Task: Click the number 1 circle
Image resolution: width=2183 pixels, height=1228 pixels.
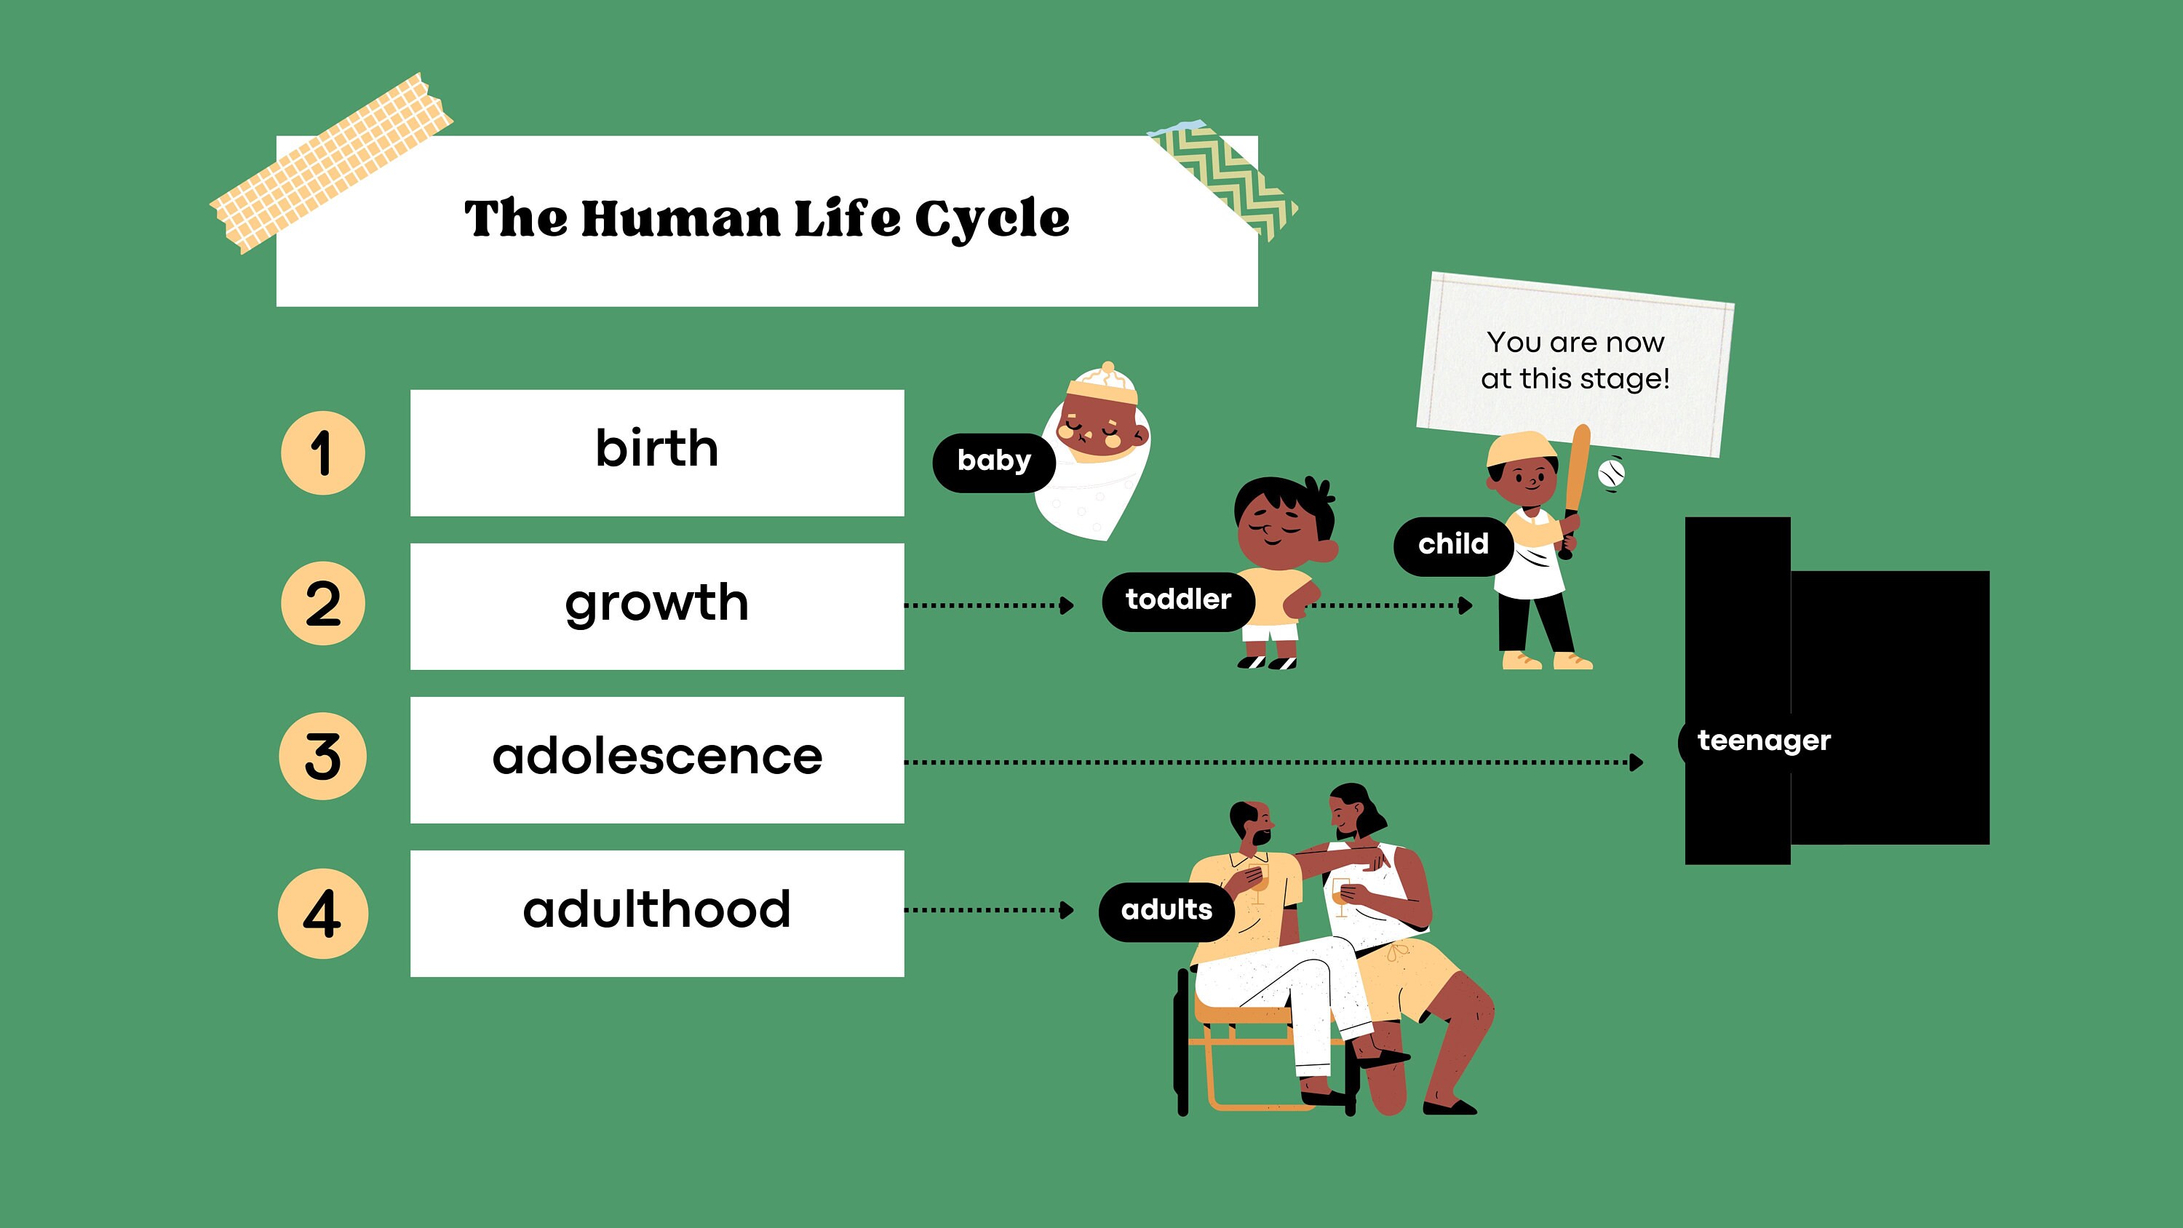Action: (x=323, y=452)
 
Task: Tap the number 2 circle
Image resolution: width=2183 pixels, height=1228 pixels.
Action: (x=323, y=603)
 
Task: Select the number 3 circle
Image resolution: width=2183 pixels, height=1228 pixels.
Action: (x=323, y=756)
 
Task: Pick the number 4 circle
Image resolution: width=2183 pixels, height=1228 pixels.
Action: (x=323, y=914)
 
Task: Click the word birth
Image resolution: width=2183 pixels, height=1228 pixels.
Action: (x=657, y=448)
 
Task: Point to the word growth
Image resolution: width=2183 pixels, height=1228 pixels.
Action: (x=657, y=603)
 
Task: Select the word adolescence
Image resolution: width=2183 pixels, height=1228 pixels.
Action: (x=657, y=757)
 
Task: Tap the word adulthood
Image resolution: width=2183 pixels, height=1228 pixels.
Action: (x=657, y=910)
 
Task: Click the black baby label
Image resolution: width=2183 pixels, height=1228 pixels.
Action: (x=993, y=461)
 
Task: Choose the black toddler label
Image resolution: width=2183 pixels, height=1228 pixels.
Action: (x=1177, y=600)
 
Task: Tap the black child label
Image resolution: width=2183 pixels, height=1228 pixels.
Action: (x=1452, y=544)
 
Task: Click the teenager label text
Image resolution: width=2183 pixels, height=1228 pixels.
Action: (x=1764, y=741)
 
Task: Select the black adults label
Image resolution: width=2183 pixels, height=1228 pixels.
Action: (x=1166, y=910)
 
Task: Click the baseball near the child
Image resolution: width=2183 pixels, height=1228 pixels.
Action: (x=1611, y=472)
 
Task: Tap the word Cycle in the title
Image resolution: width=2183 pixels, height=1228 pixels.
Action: (x=993, y=219)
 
